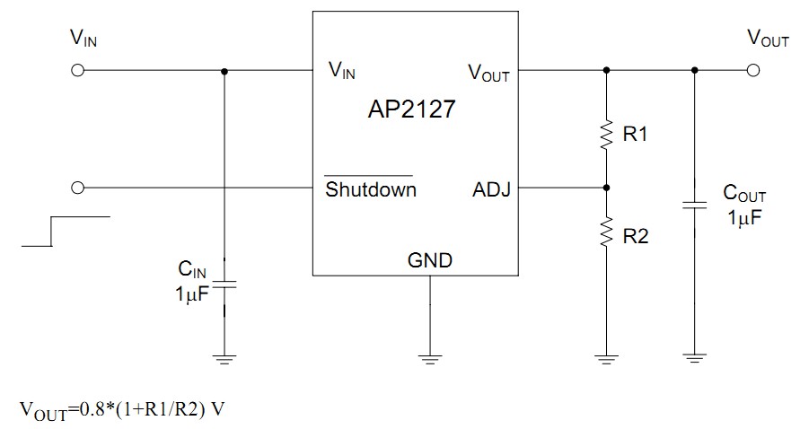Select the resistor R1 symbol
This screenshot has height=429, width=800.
607,134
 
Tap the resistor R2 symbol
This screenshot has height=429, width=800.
607,234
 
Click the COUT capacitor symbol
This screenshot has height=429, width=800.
694,204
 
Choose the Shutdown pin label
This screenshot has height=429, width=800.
370,189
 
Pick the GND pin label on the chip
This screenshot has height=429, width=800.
430,261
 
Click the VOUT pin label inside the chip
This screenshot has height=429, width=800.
488,73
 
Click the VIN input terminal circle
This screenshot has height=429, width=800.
77,71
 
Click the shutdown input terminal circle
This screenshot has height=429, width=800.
77,188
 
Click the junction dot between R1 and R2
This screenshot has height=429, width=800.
607,188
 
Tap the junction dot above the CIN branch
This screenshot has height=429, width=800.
224,71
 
